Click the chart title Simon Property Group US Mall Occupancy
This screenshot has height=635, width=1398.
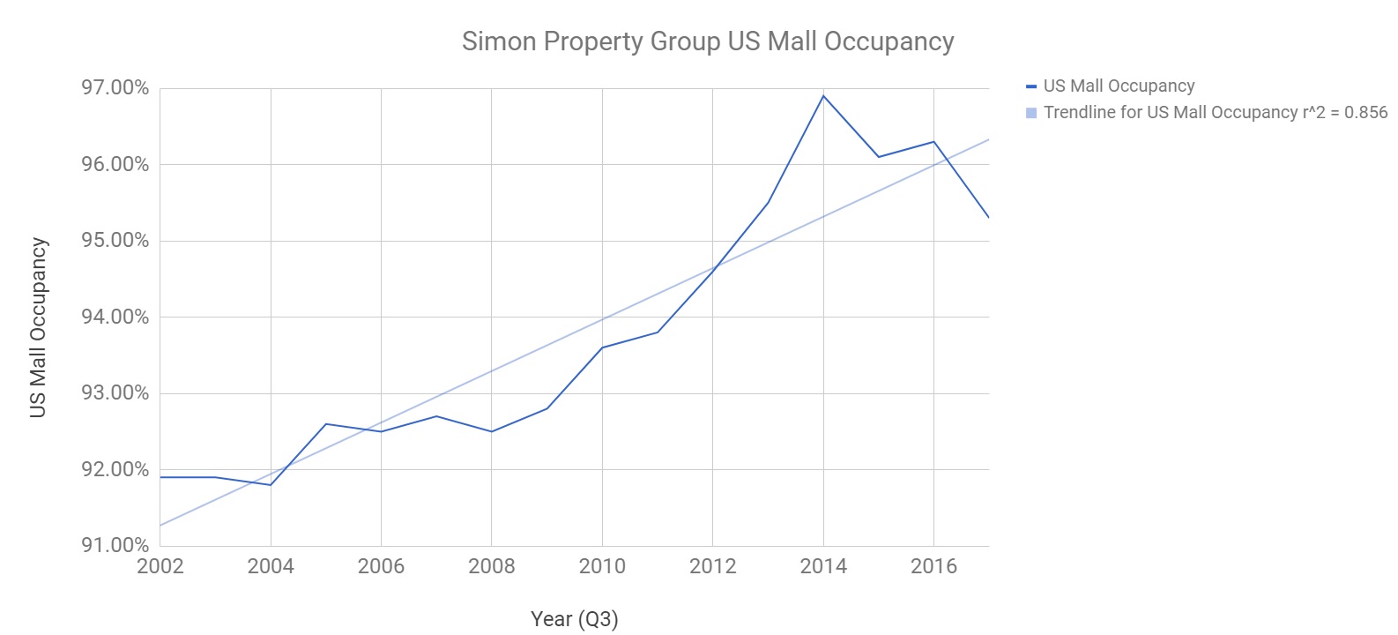pyautogui.click(x=708, y=41)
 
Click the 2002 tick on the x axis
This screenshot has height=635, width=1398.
pyautogui.click(x=160, y=566)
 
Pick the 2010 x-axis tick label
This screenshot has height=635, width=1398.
pyautogui.click(x=602, y=566)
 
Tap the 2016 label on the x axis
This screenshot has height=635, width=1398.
pyautogui.click(x=933, y=566)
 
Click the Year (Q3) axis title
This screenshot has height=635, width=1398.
pyautogui.click(x=574, y=619)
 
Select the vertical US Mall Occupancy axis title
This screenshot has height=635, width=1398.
pyautogui.click(x=38, y=327)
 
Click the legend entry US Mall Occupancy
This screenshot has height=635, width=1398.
pyautogui.click(x=1119, y=86)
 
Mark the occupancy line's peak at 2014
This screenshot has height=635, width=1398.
pyautogui.click(x=823, y=95)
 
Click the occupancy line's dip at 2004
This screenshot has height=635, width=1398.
pyautogui.click(x=271, y=484)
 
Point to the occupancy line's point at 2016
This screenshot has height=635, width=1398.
pyautogui.click(x=933, y=142)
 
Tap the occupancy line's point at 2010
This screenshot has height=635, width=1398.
pyautogui.click(x=602, y=347)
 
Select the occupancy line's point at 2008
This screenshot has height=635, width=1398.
pyautogui.click(x=491, y=431)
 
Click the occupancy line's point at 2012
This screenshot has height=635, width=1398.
pyautogui.click(x=712, y=271)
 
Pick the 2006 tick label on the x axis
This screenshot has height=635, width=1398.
pyautogui.click(x=381, y=566)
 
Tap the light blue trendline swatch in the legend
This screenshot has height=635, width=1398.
pyautogui.click(x=1031, y=113)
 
